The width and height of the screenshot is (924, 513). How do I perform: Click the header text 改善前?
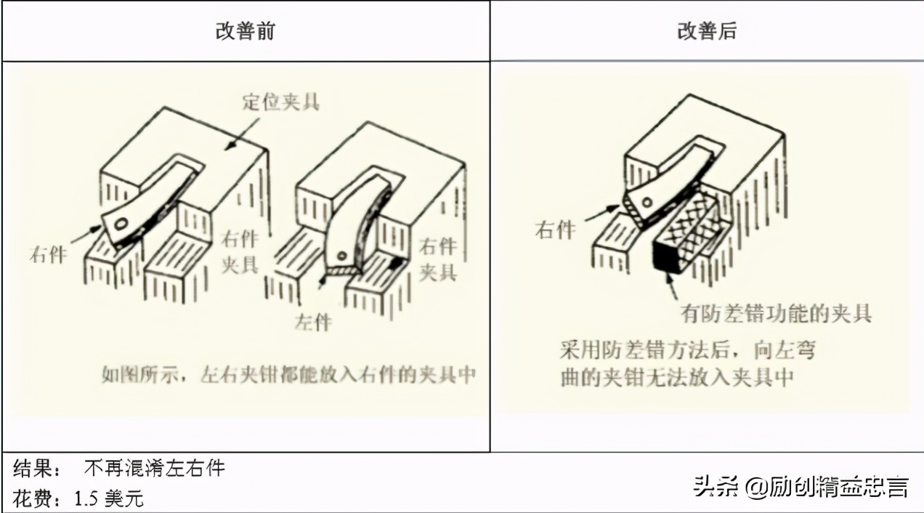tap(245, 32)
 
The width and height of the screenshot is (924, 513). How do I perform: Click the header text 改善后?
tap(706, 32)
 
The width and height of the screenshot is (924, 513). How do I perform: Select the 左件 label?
tap(313, 320)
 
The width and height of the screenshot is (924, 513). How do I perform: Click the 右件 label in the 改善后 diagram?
tap(555, 230)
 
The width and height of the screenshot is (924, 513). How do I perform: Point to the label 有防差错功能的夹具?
tap(776, 313)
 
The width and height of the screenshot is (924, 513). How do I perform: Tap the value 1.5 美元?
tap(109, 498)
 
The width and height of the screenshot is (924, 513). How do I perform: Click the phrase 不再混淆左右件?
tap(154, 469)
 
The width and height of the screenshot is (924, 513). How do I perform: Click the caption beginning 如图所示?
tap(288, 375)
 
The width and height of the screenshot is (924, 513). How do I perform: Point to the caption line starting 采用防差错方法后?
tap(687, 350)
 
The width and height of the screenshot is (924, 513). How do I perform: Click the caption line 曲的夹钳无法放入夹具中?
tap(676, 379)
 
